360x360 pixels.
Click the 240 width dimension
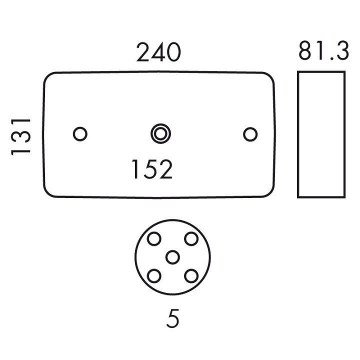(x=158, y=52)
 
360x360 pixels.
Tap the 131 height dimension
(x=20, y=137)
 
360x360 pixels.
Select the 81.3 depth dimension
(x=323, y=51)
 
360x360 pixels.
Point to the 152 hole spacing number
(x=152, y=169)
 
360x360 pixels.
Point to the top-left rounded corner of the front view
(x=48, y=76)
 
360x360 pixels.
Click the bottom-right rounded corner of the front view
(x=270, y=193)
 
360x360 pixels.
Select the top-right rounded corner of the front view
(x=270, y=76)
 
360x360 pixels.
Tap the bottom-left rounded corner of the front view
(x=47, y=193)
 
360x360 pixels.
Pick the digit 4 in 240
(x=158, y=52)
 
